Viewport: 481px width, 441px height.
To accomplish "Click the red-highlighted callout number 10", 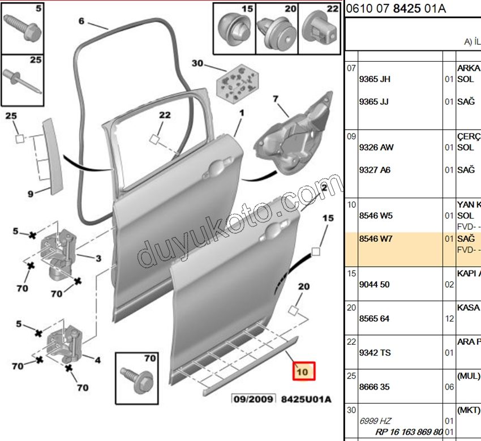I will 302,372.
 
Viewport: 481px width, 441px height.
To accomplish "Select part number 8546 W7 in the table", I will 376,239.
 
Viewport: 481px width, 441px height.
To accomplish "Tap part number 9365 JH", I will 375,79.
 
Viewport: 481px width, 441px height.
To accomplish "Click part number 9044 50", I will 375,284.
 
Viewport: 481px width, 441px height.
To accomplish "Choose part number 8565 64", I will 375,319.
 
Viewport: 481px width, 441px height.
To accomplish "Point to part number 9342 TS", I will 375,353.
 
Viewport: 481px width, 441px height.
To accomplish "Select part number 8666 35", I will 375,387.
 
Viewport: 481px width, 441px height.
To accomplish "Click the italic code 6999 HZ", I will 375,421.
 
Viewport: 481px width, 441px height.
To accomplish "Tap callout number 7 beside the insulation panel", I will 276,99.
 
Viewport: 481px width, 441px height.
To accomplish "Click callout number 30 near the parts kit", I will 197,63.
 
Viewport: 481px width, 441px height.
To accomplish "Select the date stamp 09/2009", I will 252,399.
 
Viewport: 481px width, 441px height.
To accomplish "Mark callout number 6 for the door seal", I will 81,22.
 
